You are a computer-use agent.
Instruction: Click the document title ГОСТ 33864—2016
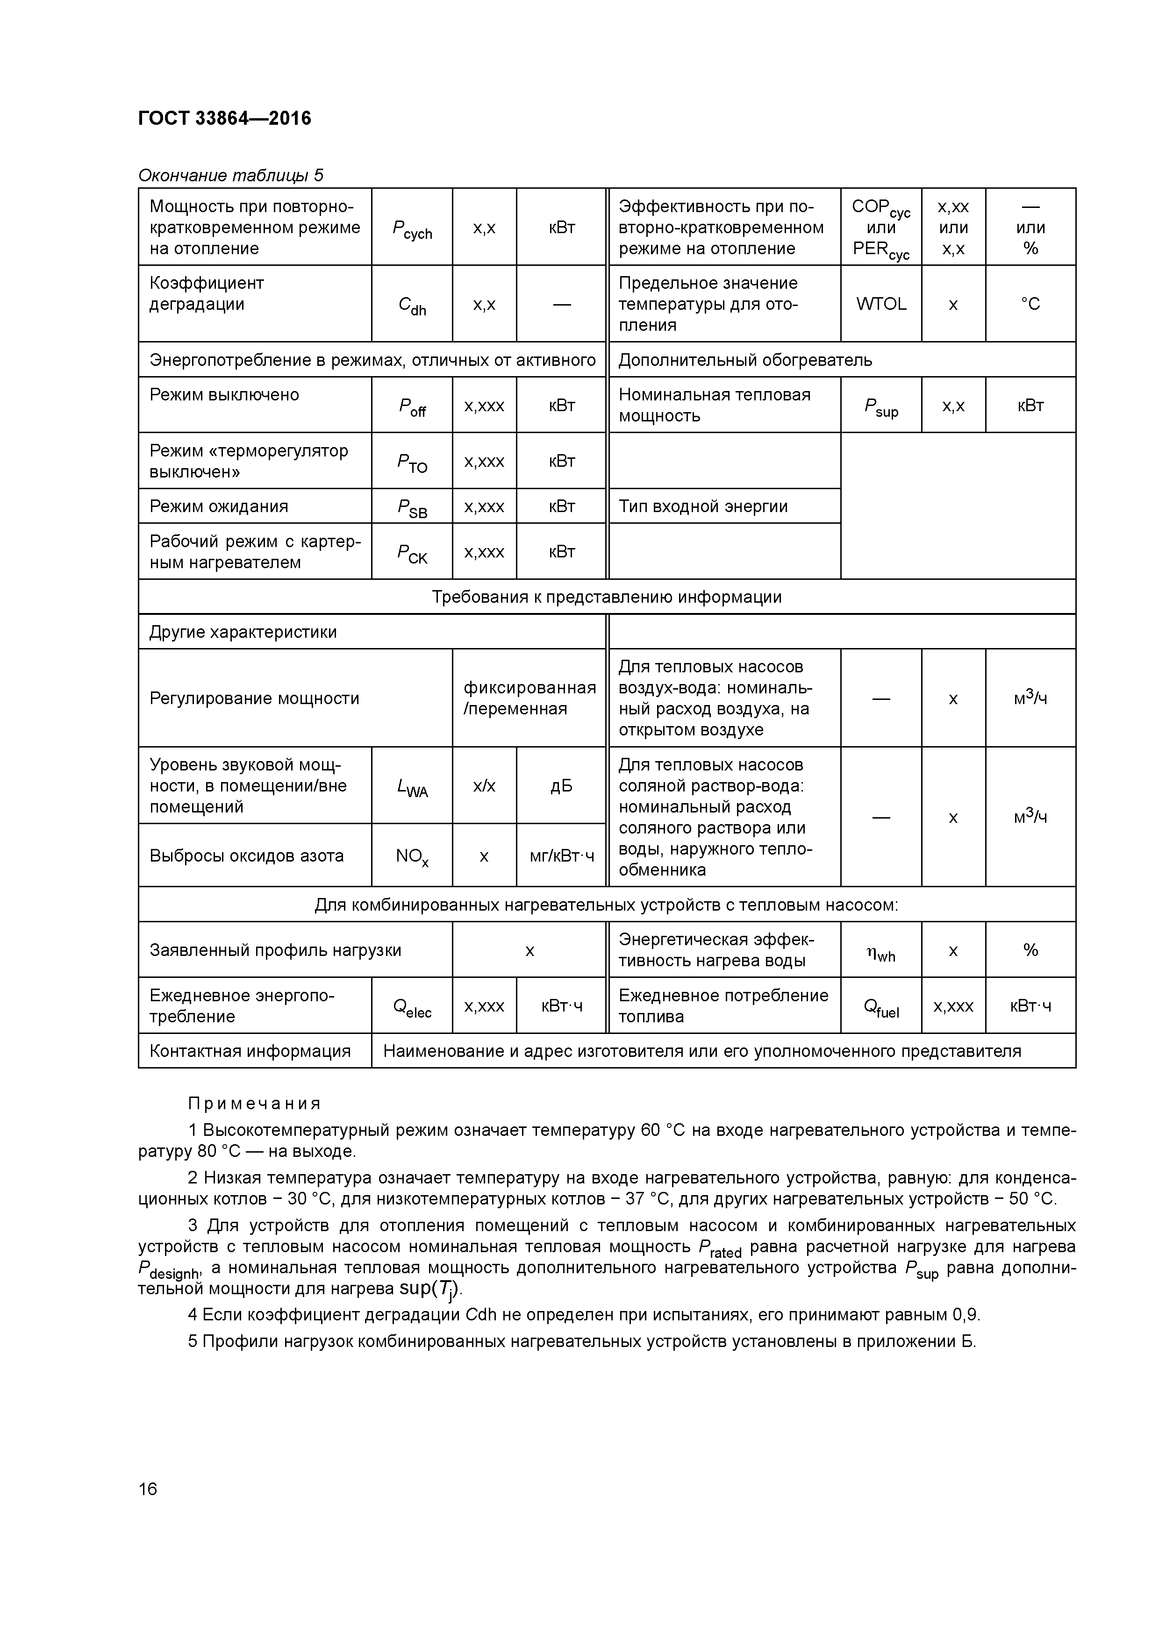click(224, 118)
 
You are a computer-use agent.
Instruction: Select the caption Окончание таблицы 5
click(230, 175)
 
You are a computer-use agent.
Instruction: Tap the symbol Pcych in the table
click(412, 228)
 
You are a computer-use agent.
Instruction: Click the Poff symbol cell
click(412, 406)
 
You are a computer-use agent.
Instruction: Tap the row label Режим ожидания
click(219, 506)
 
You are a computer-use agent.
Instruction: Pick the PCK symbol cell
click(412, 552)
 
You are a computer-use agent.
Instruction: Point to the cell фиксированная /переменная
click(529, 698)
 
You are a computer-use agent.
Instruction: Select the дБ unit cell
click(561, 786)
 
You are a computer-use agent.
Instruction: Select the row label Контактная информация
click(250, 1051)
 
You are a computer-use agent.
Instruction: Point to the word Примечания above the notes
click(254, 1104)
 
